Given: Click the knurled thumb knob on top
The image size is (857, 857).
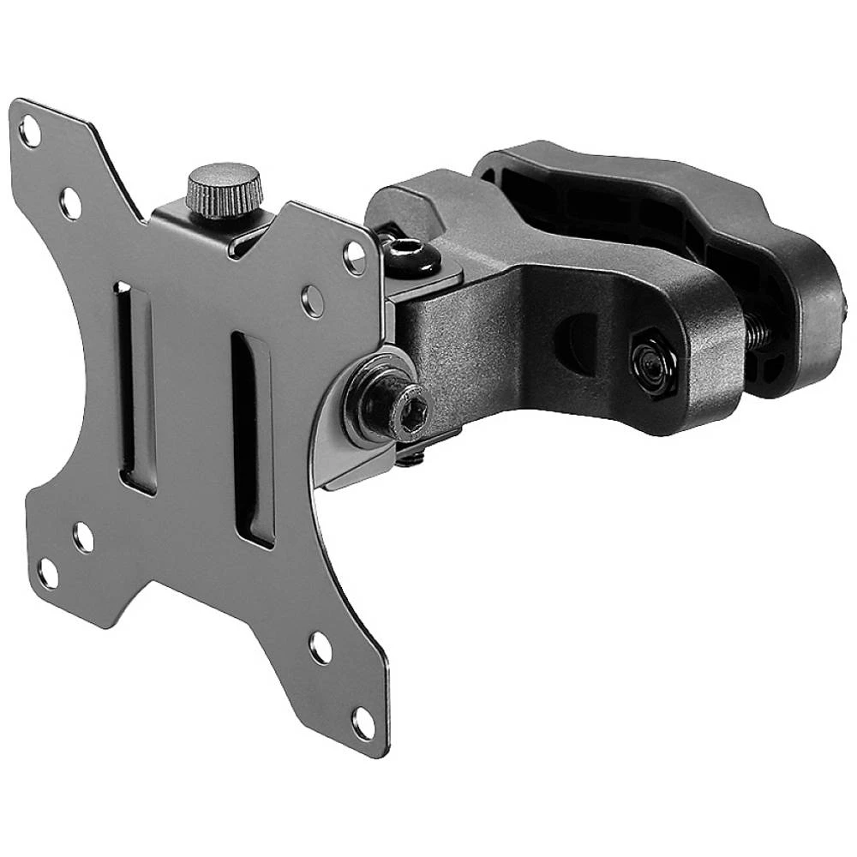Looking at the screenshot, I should (224, 189).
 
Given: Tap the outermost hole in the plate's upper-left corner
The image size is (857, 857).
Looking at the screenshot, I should (31, 133).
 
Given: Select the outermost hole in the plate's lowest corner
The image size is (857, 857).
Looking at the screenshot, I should (363, 722).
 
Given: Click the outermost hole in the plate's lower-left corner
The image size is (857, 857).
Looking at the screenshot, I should (48, 573).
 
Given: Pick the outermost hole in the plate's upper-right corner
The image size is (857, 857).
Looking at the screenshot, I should (354, 257).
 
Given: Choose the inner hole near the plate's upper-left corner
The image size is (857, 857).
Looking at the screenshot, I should (70, 203).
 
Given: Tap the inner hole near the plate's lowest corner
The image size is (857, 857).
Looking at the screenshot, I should (321, 648).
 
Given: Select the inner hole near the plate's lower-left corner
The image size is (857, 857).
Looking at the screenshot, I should (83, 536).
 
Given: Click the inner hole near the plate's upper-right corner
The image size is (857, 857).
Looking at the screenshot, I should (314, 301).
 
